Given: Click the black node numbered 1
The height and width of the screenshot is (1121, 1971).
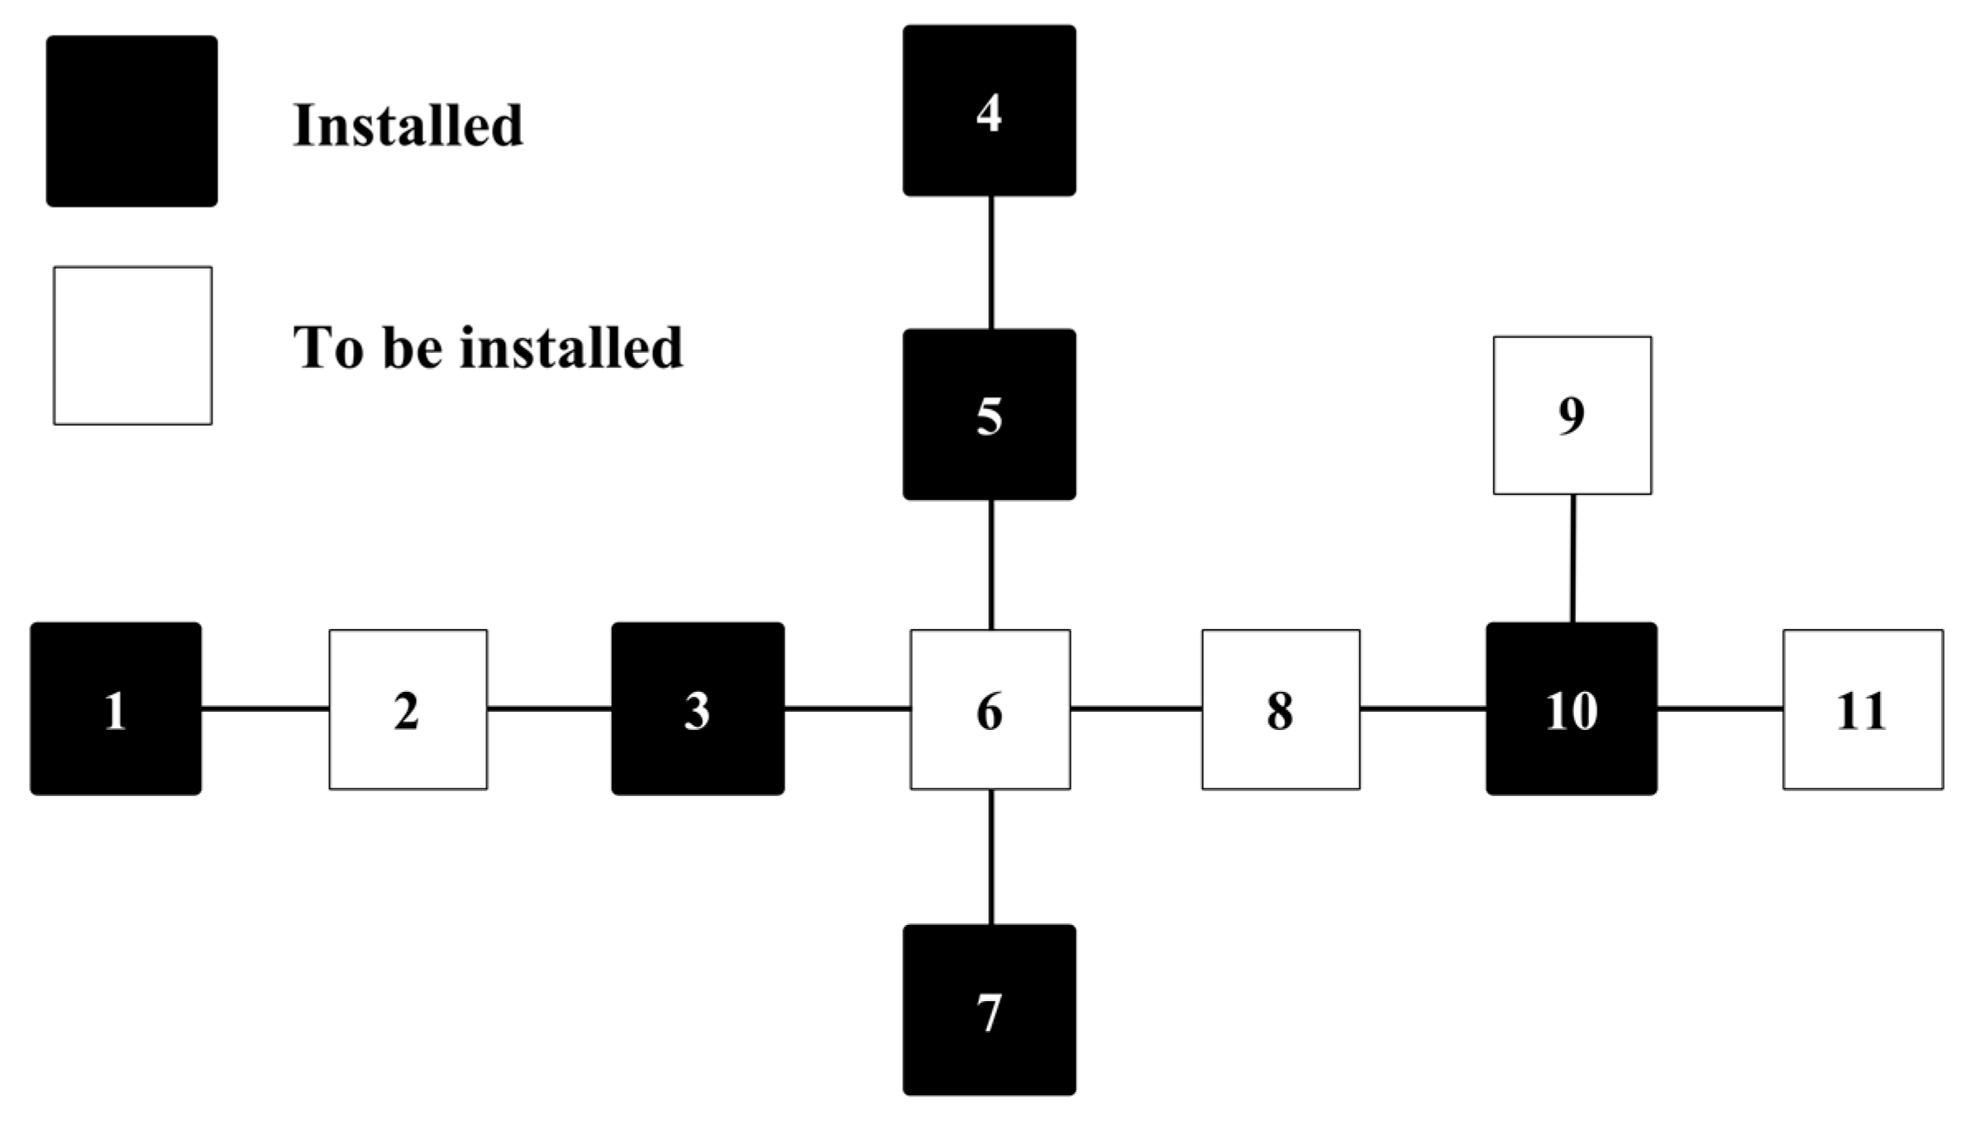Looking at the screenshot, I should [116, 709].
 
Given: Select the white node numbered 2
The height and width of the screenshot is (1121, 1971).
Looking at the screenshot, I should [408, 709].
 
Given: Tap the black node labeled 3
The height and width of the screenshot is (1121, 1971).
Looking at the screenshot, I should [698, 709].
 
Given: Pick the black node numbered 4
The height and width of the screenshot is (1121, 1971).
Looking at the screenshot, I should [990, 111].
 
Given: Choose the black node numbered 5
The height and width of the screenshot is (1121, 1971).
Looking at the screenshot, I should [990, 414].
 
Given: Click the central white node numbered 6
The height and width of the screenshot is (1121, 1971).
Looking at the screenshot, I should [990, 709].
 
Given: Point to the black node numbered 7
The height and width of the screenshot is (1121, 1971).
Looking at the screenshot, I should [990, 1010].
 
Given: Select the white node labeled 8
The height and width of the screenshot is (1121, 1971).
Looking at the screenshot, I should [1281, 709].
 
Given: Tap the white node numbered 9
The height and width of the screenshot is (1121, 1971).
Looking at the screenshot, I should [1572, 415].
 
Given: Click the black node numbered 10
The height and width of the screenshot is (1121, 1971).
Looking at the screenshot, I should [1571, 709].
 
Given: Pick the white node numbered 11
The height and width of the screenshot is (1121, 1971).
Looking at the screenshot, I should [1863, 709].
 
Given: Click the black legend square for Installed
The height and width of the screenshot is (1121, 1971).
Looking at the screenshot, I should [132, 121].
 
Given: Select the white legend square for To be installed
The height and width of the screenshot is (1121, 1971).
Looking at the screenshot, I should [132, 346].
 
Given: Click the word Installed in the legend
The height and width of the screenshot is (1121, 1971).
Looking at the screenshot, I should [408, 126].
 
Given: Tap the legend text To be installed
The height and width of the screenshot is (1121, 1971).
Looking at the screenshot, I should [488, 347].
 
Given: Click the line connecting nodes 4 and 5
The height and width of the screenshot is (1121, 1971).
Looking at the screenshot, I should [990, 262].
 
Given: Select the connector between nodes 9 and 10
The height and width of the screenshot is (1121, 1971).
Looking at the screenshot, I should [1572, 558].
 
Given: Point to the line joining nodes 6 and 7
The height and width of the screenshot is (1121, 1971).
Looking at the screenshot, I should [990, 856].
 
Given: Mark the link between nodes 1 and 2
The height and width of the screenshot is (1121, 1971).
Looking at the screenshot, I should [265, 708].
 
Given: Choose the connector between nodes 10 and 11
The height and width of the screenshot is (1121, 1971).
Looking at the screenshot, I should [1720, 708].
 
